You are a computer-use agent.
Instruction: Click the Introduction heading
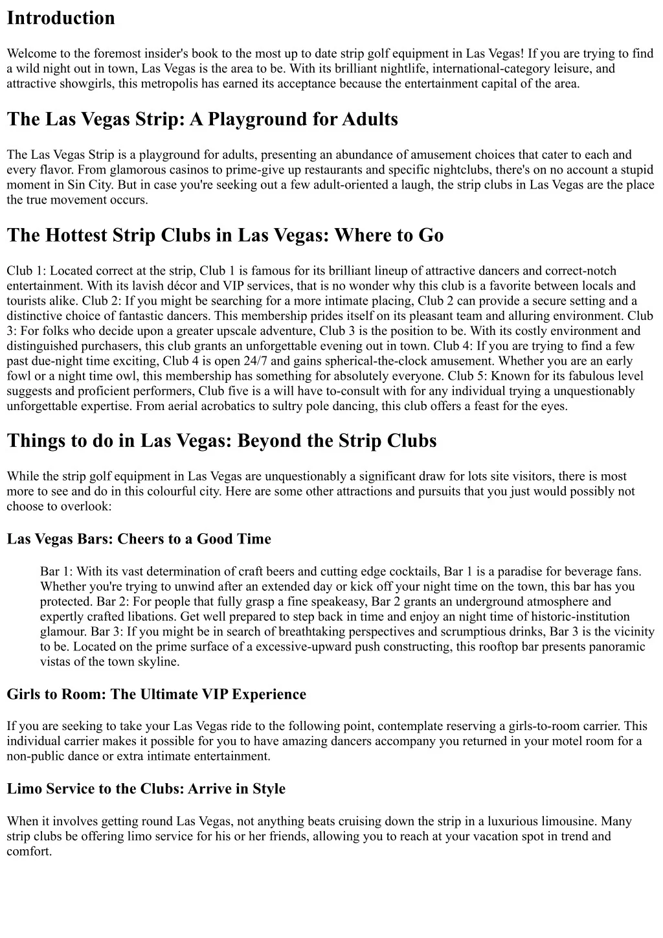point(61,18)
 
